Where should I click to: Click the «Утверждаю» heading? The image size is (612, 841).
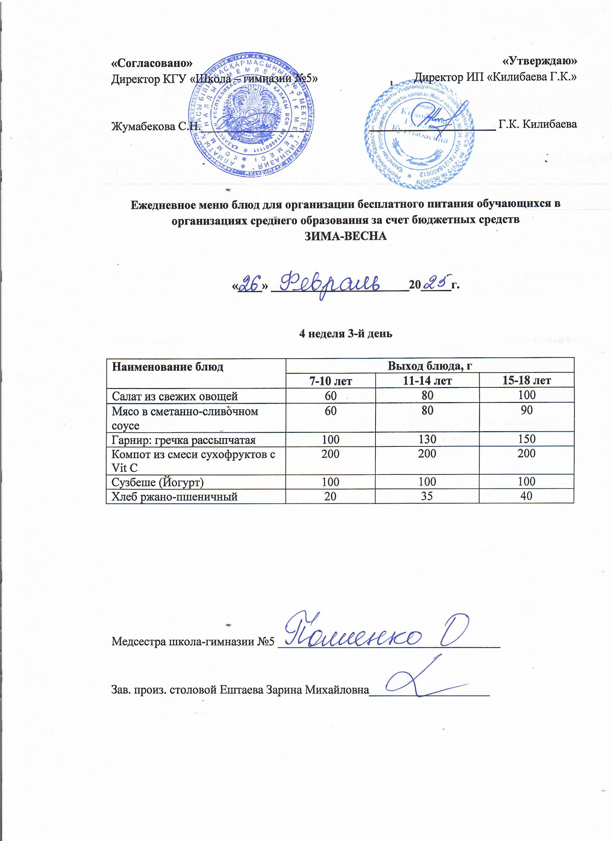(540, 60)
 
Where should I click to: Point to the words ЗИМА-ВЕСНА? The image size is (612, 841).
(346, 236)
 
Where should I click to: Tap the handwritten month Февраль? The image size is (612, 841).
(332, 285)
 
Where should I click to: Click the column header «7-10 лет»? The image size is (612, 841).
(330, 381)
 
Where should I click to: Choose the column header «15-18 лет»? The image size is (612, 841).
(526, 381)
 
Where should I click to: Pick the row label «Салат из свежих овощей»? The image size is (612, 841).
(175, 396)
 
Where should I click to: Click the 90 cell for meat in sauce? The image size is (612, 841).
(526, 410)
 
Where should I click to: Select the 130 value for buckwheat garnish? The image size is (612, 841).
(427, 440)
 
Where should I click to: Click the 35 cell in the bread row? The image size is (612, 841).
(427, 496)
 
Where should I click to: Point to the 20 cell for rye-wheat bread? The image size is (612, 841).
(330, 496)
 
